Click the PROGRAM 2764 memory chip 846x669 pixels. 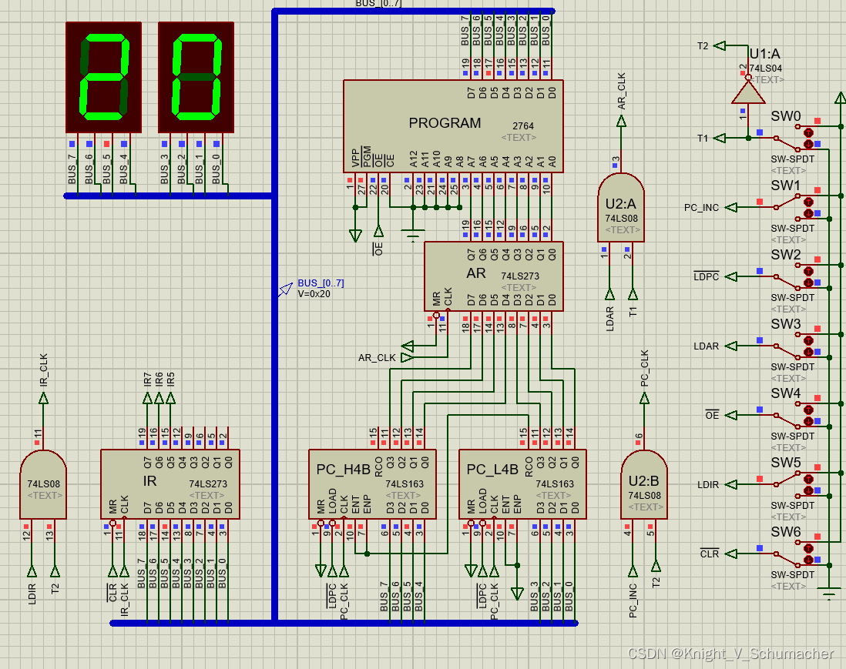pos(453,125)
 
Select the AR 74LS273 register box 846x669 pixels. pos(493,276)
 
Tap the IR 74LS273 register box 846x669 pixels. pos(170,483)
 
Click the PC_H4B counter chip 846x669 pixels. pos(371,483)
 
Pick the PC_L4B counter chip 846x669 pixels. pos(522,483)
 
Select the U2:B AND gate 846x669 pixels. pos(644,485)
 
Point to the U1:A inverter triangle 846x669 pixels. pos(747,93)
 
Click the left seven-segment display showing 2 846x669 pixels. pos(103,77)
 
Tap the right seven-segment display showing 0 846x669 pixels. pos(196,77)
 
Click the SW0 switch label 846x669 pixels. pos(786,116)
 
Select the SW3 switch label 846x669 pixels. pos(786,324)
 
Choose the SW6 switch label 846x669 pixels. pos(786,532)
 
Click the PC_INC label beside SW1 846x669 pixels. pos(701,208)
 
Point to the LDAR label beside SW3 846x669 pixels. pos(706,346)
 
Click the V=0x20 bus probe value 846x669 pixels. pos(314,293)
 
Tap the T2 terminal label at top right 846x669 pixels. pos(702,46)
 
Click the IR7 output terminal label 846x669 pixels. pos(147,379)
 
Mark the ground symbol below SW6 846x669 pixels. pos(829,593)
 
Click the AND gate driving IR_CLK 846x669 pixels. pos(43,485)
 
